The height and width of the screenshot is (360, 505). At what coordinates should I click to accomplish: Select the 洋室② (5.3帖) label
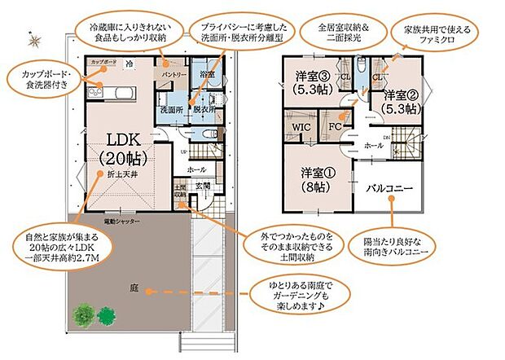[401, 100]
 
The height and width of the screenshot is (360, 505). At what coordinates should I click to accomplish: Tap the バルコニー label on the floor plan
[390, 188]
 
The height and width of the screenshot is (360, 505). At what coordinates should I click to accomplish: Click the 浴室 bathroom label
[207, 74]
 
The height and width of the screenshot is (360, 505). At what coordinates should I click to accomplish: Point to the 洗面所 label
[170, 109]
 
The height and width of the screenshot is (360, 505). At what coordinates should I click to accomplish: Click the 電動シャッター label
[121, 222]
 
